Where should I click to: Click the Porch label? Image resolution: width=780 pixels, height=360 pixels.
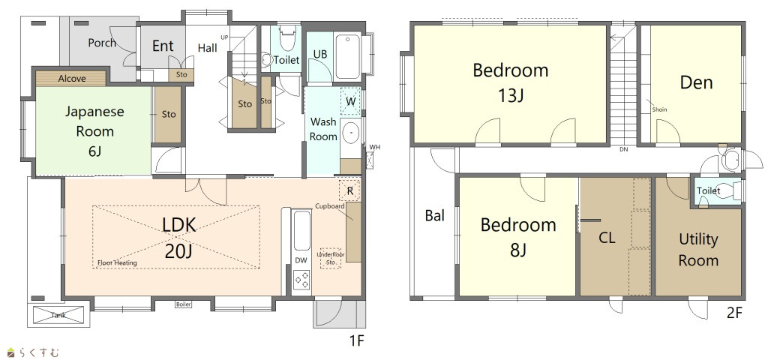point(102,43)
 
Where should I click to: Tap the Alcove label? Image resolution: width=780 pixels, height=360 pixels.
point(72,79)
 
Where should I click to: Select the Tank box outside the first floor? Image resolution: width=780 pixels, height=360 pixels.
point(58,315)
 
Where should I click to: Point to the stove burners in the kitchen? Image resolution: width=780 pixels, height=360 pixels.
point(302,280)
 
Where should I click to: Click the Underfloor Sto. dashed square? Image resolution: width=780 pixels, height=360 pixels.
point(330,258)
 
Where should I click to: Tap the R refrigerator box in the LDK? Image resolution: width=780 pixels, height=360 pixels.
point(349,190)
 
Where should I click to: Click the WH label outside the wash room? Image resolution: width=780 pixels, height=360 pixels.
point(374,147)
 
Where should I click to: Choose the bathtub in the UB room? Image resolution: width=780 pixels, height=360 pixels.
point(348,56)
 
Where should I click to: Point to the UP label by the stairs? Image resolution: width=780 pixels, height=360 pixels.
point(225,37)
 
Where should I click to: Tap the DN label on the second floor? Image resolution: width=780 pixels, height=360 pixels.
point(623,149)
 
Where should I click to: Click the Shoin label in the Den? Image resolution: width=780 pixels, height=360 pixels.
point(659,109)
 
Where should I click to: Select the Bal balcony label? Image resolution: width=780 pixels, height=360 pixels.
point(435,216)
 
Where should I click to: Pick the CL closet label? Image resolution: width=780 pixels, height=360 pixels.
point(607,238)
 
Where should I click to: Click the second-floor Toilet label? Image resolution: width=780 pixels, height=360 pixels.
point(708,191)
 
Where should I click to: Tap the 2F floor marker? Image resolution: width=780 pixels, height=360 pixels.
point(734,313)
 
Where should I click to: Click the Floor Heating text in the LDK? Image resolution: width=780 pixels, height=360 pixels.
point(118,262)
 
